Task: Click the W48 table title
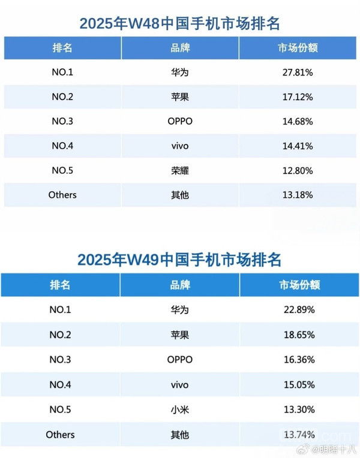coord(180,23)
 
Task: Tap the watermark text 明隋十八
coord(335,449)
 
